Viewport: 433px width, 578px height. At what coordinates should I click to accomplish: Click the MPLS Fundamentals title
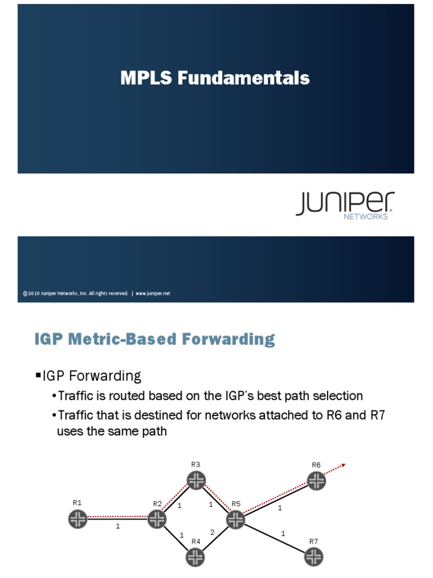pos(215,78)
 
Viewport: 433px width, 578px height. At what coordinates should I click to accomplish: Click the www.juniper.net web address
pos(153,294)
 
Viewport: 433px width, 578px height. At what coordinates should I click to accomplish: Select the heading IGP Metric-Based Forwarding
pos(154,339)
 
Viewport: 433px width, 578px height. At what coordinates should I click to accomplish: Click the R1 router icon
pos(78,519)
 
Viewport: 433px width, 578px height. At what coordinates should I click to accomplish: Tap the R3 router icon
pos(196,480)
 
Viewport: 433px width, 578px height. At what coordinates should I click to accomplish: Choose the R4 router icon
pos(196,558)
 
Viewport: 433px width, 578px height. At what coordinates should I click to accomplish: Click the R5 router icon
pos(236,519)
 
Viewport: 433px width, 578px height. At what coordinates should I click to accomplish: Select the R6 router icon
pos(316,480)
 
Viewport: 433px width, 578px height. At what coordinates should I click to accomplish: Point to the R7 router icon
pos(313,558)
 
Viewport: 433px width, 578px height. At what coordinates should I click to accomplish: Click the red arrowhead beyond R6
pos(342,466)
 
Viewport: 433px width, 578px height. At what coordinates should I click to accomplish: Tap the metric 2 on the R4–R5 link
pos(212,532)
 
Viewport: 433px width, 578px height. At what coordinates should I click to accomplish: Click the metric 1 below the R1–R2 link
pos(117,527)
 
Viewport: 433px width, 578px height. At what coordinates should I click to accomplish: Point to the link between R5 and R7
pos(275,538)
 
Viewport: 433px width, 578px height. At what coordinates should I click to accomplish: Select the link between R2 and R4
pos(176,538)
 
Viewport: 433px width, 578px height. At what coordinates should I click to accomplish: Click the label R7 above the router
pos(313,541)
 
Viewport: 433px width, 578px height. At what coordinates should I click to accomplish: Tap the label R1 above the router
pos(77,502)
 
